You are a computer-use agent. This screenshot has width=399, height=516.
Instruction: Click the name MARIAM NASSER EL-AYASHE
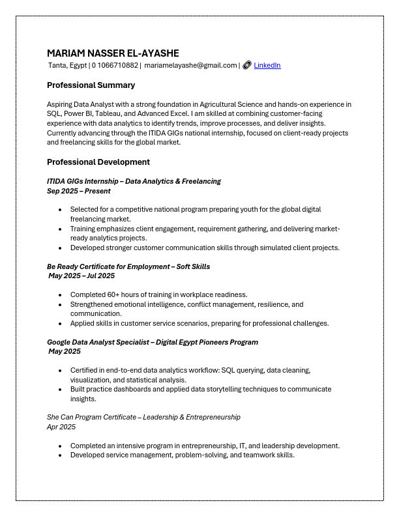(113, 53)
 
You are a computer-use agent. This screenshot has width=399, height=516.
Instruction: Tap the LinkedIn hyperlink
(267, 65)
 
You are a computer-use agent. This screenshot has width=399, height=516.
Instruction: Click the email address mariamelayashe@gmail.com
(190, 65)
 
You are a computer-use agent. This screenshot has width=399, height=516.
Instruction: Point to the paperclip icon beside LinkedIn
(247, 65)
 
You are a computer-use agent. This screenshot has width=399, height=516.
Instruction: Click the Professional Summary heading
(91, 85)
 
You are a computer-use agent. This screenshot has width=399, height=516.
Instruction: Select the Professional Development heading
(98, 162)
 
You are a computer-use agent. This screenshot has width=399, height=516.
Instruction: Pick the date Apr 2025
(61, 427)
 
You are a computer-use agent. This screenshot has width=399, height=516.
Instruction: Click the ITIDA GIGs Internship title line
(134, 181)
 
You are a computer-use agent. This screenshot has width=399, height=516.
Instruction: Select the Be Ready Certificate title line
(128, 266)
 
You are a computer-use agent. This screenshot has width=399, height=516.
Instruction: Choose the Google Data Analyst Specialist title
(153, 342)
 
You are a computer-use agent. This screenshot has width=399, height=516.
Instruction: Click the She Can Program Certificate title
(143, 417)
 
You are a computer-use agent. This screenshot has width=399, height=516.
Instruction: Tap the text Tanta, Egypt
(67, 65)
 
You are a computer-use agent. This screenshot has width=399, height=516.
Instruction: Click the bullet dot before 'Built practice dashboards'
(60, 390)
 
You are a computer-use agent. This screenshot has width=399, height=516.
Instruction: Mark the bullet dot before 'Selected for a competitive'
(60, 210)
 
